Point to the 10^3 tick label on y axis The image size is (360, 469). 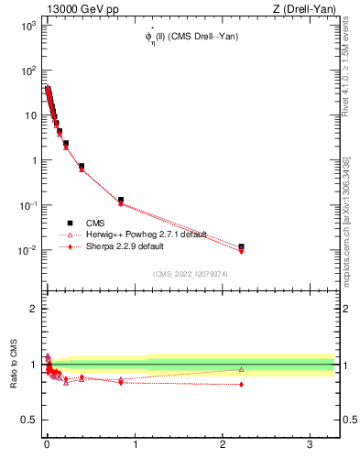(24, 26)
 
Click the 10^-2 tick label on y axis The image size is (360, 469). (24, 250)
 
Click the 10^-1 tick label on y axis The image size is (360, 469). (24, 205)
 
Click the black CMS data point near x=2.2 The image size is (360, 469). (241, 247)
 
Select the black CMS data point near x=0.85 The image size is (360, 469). (121, 200)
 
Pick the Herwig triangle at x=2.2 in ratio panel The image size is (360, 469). (241, 369)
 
